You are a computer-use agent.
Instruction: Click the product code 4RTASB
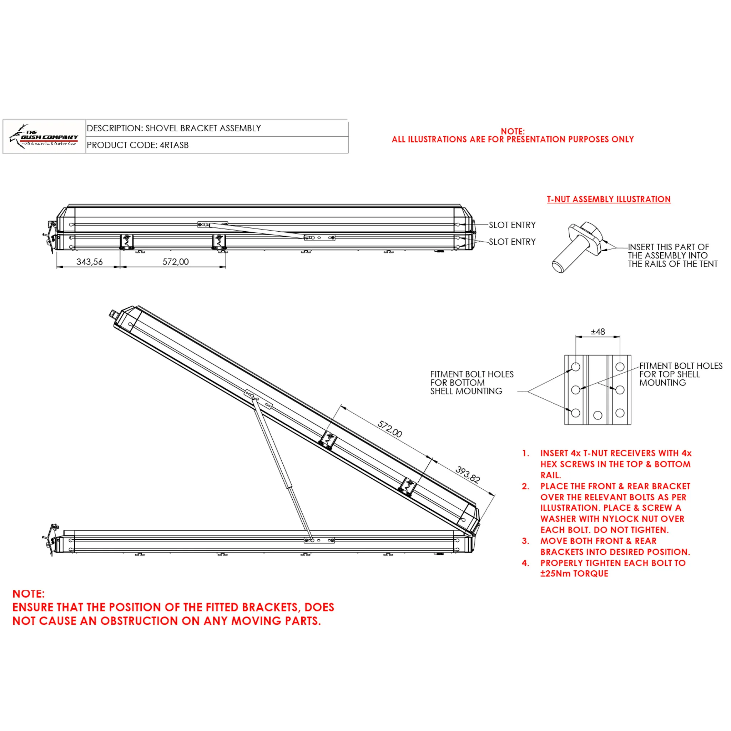pos(174,145)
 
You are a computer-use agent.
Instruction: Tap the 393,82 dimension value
pos(468,474)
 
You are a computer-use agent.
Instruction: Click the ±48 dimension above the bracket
pos(598,332)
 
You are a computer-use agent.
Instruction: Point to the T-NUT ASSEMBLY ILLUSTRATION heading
pos(609,200)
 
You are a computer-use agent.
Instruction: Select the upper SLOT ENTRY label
pos(512,225)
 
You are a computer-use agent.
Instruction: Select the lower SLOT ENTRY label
pos(512,242)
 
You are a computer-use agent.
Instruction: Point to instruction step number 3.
pos(525,541)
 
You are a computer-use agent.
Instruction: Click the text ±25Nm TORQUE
pos(574,574)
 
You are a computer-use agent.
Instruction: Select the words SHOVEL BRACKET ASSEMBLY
pos(203,128)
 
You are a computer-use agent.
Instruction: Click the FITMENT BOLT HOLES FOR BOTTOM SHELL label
pos(472,383)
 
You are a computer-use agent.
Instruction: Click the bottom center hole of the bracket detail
pos(598,415)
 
